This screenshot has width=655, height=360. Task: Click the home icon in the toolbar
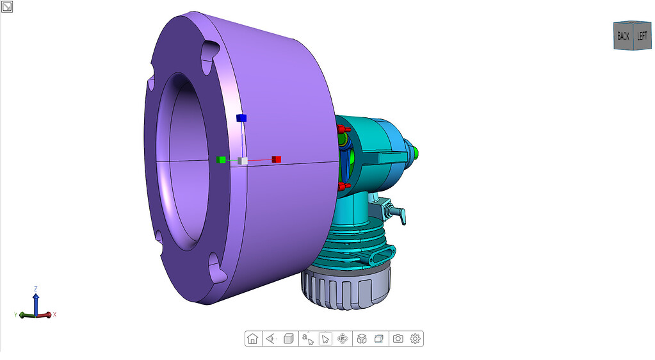click(253, 339)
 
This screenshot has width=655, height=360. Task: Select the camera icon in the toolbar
click(398, 339)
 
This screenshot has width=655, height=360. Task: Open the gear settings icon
click(415, 339)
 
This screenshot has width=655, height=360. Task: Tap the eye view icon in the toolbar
click(271, 339)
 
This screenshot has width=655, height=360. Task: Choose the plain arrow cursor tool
click(325, 339)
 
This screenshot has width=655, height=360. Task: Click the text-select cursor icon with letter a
click(307, 339)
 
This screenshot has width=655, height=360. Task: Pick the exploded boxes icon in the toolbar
click(362, 339)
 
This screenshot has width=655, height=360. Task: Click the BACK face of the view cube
click(623, 37)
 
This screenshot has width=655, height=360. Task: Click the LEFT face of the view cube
click(642, 36)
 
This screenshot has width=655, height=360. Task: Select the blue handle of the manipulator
click(241, 118)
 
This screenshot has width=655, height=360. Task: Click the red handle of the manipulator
click(276, 159)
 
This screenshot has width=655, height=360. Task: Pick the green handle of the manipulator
click(222, 160)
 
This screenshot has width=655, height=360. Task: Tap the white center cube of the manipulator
click(243, 160)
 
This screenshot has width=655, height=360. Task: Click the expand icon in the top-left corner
click(7, 7)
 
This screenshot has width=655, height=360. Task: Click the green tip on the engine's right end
click(417, 152)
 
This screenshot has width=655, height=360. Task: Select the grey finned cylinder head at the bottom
click(346, 288)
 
